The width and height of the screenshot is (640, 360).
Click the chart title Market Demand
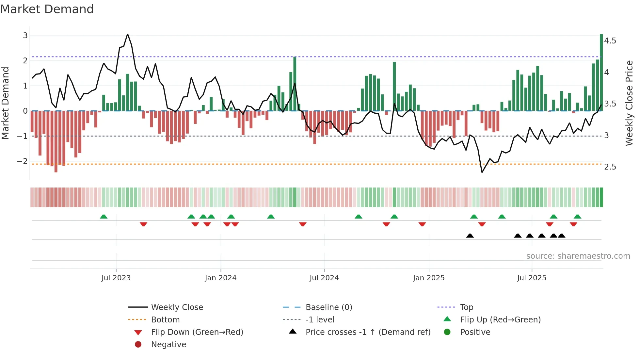click(47, 9)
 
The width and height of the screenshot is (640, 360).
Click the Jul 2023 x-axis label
click(116, 278)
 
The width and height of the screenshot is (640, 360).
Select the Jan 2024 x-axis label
click(220, 278)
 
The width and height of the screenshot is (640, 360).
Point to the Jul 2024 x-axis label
click(324, 278)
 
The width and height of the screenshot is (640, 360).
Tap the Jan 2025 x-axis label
click(428, 278)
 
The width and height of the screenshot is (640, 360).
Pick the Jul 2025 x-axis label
click(532, 278)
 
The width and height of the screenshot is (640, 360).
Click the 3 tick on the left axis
click(25, 35)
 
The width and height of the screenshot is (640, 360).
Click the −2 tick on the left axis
click(23, 161)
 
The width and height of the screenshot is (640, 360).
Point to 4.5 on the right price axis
click(610, 41)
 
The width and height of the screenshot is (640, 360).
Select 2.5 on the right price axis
click(610, 167)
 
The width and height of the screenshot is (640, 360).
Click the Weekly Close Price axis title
click(629, 103)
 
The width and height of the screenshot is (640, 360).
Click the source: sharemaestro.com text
click(578, 256)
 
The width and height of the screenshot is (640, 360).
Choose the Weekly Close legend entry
click(177, 307)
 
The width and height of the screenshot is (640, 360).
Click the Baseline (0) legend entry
click(328, 307)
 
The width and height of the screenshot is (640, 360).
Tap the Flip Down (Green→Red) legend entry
click(197, 332)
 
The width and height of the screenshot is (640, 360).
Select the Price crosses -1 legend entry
click(368, 332)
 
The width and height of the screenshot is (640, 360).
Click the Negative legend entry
click(168, 345)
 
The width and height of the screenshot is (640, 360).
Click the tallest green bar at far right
click(601, 72)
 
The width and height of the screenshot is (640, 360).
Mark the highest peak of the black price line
click(127, 34)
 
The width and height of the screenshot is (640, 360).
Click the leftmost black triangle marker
click(470, 236)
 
